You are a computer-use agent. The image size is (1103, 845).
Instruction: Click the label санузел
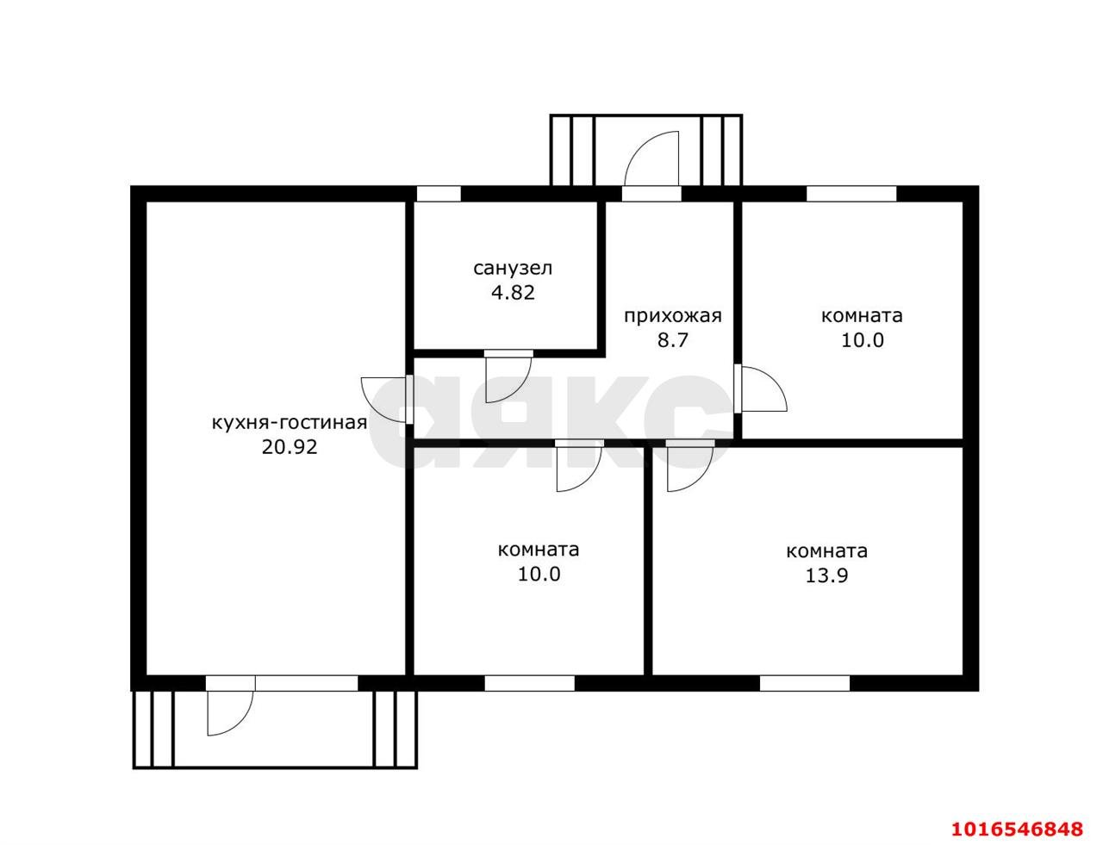point(512,268)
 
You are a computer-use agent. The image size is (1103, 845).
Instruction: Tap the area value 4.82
point(513,293)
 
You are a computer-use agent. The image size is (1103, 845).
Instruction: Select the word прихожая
point(672,315)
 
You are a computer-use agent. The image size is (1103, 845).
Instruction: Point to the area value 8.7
point(672,340)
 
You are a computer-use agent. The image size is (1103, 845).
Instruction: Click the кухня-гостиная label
point(289,422)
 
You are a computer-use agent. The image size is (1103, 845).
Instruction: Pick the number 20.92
point(290,446)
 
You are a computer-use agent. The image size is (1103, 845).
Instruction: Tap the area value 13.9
point(827,575)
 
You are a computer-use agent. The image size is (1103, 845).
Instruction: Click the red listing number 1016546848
point(1017,829)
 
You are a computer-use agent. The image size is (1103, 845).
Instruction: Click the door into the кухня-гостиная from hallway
point(386,399)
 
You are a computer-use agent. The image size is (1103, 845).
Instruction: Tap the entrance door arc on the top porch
point(651,158)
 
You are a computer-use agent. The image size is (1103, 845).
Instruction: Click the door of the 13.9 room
point(690,466)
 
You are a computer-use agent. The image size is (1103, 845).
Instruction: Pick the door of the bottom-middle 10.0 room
point(579,466)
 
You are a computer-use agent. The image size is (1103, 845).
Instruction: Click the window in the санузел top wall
point(439,194)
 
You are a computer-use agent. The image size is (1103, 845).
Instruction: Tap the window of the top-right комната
point(851,194)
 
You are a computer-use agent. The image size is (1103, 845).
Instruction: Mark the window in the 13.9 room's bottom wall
point(805,683)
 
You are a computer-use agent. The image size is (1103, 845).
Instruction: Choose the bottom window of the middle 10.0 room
point(529,683)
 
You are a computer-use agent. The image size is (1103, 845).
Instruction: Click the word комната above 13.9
point(827,550)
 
